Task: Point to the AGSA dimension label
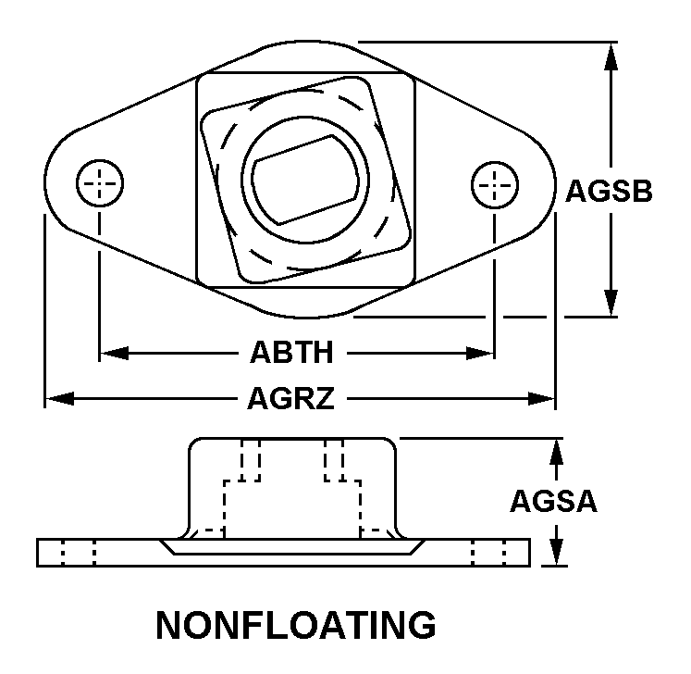554,501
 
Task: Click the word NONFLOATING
296,625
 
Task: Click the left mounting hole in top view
99,184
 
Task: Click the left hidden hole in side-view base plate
78,553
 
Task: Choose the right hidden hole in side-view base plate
488,553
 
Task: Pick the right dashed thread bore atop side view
335,459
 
